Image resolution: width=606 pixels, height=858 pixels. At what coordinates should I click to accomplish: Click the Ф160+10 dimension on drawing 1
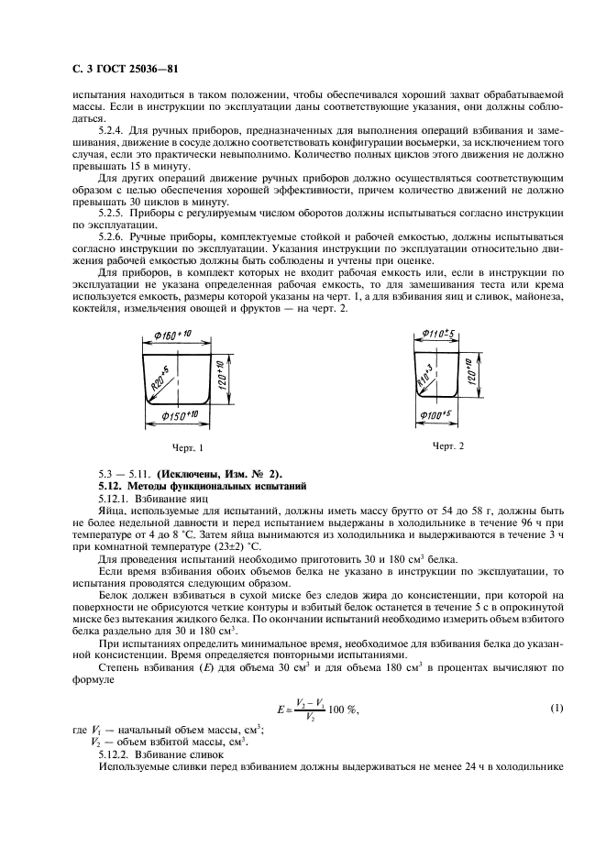pos(171,337)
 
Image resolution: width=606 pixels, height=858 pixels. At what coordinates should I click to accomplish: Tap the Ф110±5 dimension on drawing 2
pos(434,335)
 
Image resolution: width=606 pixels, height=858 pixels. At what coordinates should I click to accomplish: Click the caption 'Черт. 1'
pos(186,447)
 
